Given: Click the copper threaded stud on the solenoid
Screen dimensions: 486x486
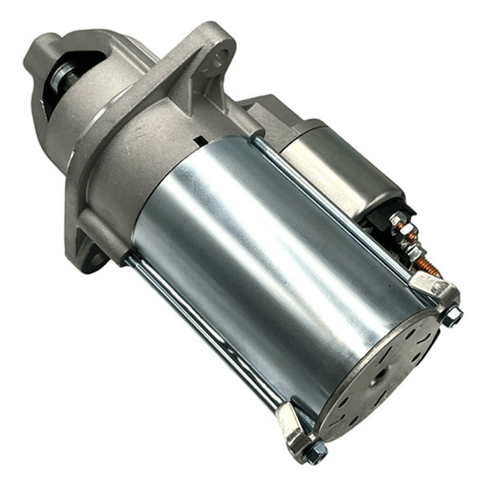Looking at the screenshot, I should pyautogui.click(x=427, y=265).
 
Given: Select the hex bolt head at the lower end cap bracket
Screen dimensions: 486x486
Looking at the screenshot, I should pyautogui.click(x=315, y=452).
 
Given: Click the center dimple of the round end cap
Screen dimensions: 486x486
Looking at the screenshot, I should pyautogui.click(x=380, y=374).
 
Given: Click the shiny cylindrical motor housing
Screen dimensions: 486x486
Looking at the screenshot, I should pyautogui.click(x=270, y=270).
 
